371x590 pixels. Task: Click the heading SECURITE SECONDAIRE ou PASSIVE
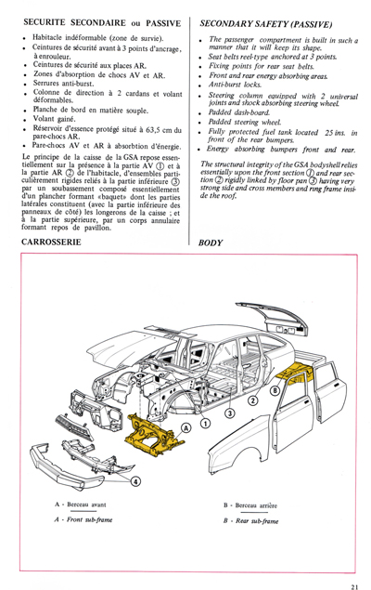tap(91, 20)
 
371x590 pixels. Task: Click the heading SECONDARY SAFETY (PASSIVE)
tap(267, 20)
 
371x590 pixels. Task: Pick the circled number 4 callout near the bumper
tap(134, 480)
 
